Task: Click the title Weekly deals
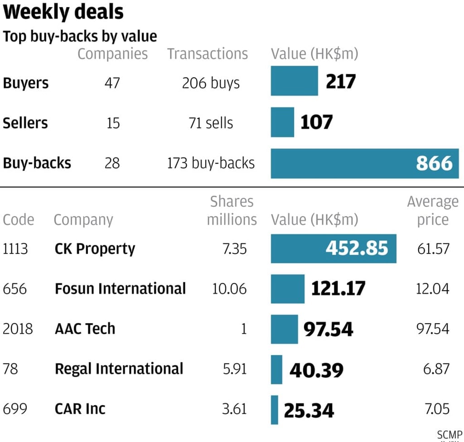(63, 12)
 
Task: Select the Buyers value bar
(294, 81)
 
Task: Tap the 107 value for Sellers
(316, 122)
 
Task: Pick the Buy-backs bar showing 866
(365, 163)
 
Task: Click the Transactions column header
(208, 54)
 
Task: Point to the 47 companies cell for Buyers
(112, 83)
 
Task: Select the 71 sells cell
(211, 123)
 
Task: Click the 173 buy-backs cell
(211, 163)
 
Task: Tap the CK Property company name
(95, 249)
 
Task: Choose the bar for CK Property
(333, 248)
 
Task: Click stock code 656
(14, 289)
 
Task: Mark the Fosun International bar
(288, 289)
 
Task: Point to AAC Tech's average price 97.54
(433, 329)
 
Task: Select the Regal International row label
(119, 369)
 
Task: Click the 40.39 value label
(316, 370)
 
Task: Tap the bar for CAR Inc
(275, 410)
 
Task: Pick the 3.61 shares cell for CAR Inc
(234, 409)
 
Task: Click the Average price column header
(433, 211)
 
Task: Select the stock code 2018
(18, 329)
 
